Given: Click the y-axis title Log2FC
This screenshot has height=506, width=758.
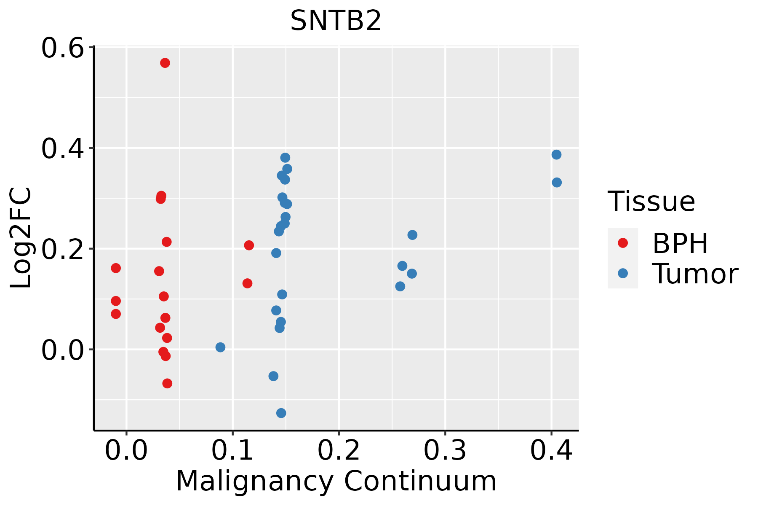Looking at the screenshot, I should point(21,238).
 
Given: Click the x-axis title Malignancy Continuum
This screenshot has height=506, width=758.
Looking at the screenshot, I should point(336,481).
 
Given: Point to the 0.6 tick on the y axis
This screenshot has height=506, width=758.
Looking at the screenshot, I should point(61,48).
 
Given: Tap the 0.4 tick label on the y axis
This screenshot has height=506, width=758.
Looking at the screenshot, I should point(61,148).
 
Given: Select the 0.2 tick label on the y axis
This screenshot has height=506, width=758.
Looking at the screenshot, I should point(61,249).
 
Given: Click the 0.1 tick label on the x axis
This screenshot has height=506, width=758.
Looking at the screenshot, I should point(232,450).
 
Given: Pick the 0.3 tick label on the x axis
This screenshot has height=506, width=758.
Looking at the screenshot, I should point(445,450).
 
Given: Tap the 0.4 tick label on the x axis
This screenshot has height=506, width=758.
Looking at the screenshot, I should point(551,450).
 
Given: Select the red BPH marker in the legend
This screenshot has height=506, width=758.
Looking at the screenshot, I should point(622,243).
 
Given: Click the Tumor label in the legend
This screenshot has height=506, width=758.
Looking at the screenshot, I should point(695,274).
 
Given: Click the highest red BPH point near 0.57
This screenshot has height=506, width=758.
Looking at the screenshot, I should point(165,63).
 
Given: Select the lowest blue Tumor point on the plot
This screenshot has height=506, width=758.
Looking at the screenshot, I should point(281,413).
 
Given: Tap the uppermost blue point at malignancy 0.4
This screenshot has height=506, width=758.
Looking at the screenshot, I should point(556,155).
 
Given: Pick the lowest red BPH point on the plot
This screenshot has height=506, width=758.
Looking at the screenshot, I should point(167,383).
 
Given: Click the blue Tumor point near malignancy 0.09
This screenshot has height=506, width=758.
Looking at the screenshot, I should point(220,347).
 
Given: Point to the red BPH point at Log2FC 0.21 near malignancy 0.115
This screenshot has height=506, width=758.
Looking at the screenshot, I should point(249,245).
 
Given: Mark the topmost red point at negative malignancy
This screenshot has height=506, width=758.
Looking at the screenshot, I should point(116,268).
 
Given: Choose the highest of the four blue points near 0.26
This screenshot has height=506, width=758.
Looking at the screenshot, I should point(412,235).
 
